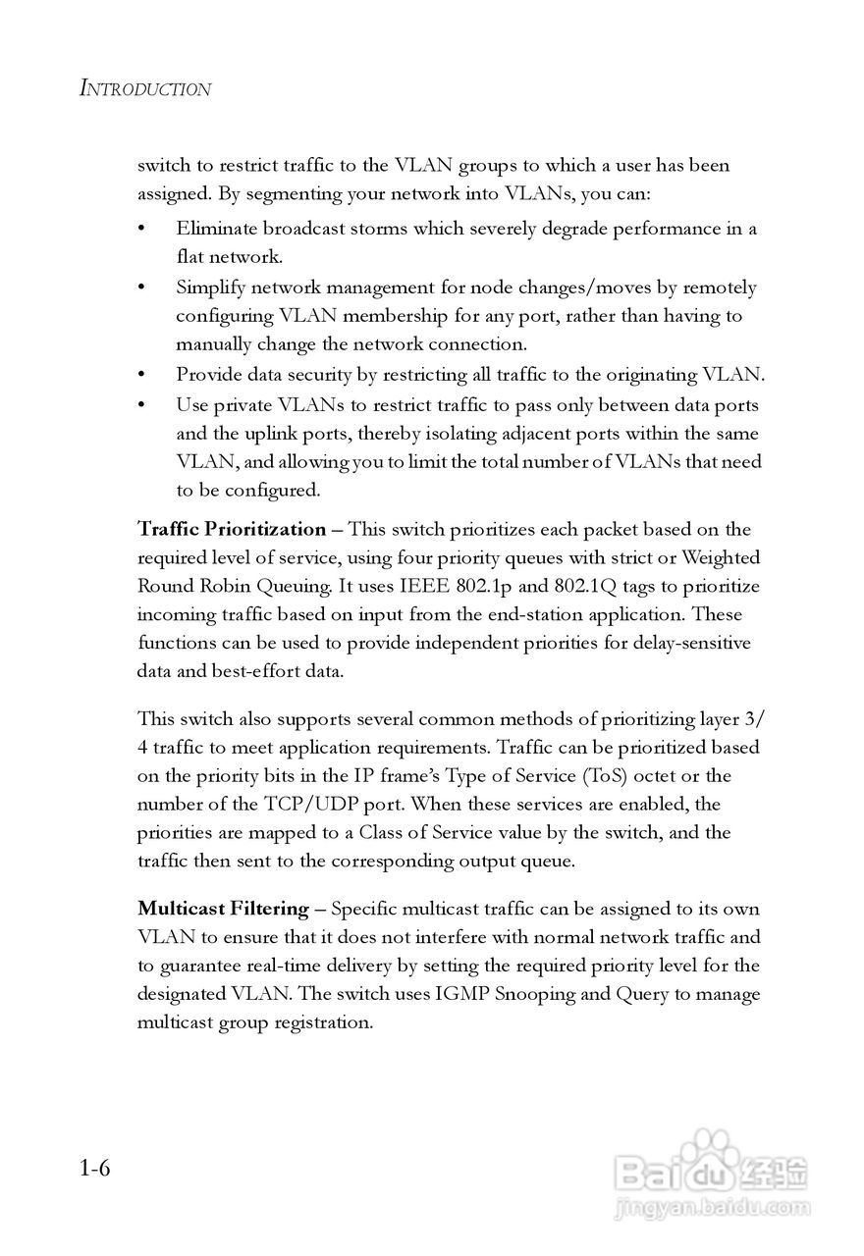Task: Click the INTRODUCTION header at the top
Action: pos(144,89)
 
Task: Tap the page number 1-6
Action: pos(95,1169)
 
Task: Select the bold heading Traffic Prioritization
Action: pos(232,530)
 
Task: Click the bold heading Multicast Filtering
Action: pos(223,909)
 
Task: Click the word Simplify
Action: pos(209,288)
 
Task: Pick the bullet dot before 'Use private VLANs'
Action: pos(142,405)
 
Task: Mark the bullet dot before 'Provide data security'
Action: pos(142,375)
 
